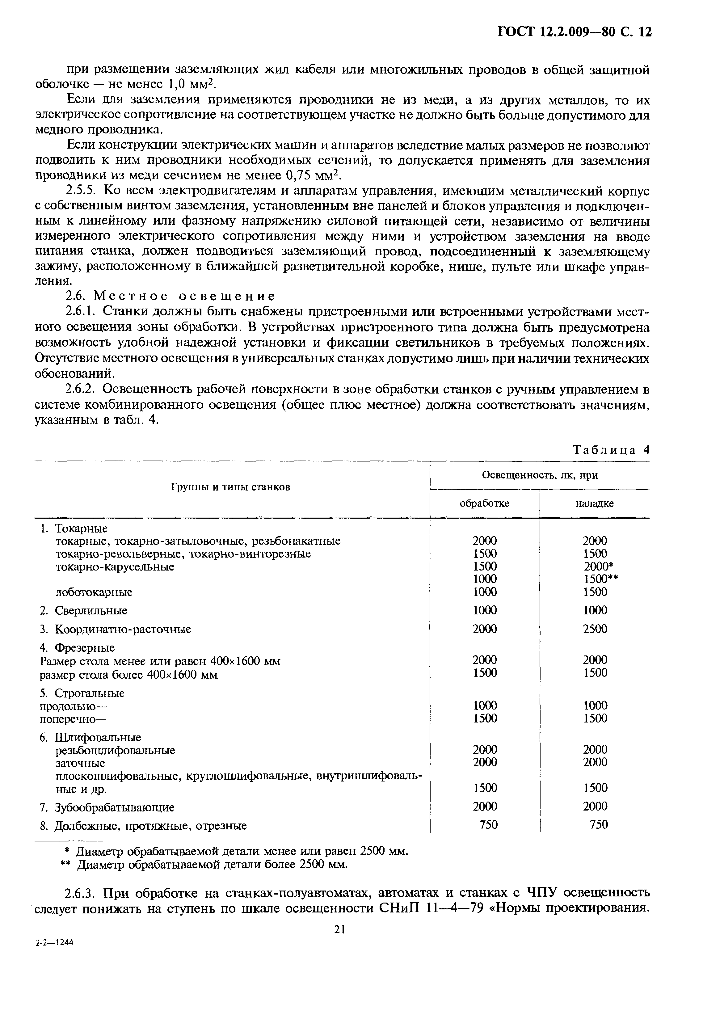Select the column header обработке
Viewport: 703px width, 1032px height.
coord(484,503)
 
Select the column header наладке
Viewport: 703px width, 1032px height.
coord(594,503)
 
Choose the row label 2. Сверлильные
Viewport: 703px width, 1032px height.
coord(83,611)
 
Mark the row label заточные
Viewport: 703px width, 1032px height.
coord(80,763)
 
